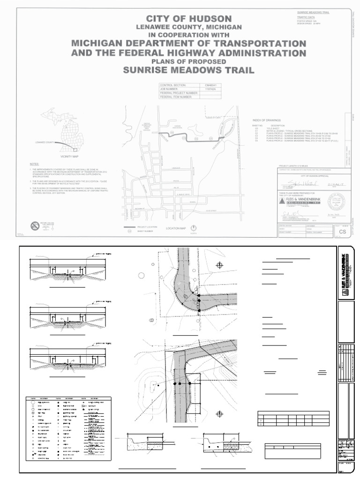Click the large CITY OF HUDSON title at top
(189, 18)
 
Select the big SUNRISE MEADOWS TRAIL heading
(189, 70)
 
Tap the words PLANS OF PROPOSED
(189, 61)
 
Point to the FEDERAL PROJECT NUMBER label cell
(179, 93)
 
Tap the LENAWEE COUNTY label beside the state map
(44, 141)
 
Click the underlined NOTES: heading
(35, 164)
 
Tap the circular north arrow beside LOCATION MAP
(193, 228)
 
